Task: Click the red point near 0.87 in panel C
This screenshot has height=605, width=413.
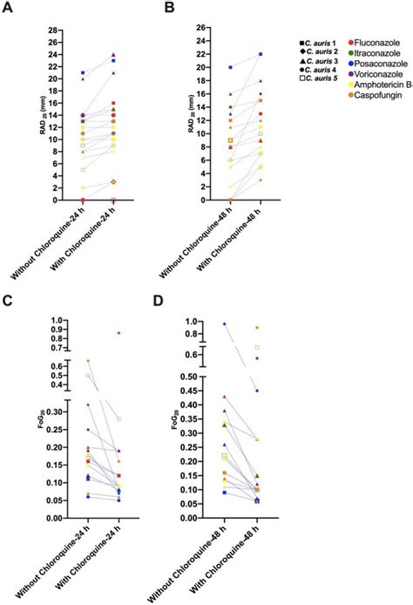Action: coord(118,333)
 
